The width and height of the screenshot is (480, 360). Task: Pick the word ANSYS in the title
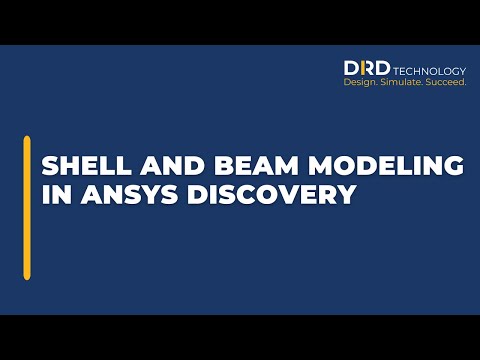[117, 194]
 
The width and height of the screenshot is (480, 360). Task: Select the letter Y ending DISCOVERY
[347, 194]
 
